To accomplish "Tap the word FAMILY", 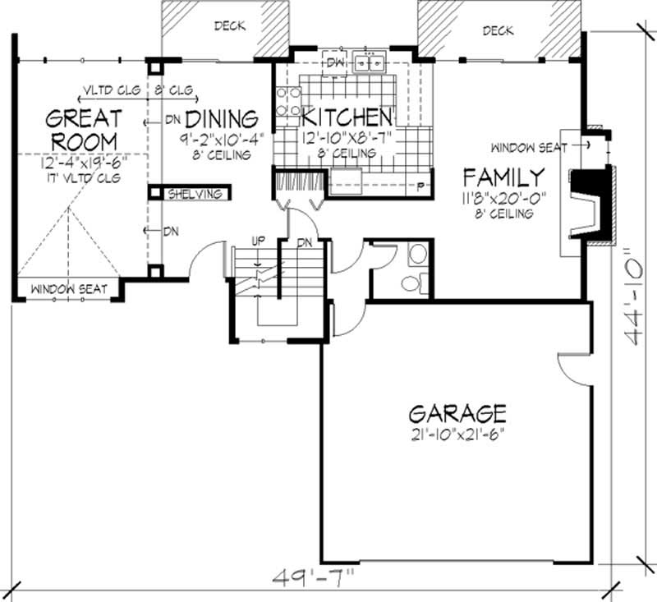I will point(503,177).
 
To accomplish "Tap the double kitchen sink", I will point(371,62).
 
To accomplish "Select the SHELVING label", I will point(195,194).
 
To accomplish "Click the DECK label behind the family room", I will point(498,31).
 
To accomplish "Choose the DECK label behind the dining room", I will point(230,26).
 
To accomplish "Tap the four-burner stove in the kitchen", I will point(287,103).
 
